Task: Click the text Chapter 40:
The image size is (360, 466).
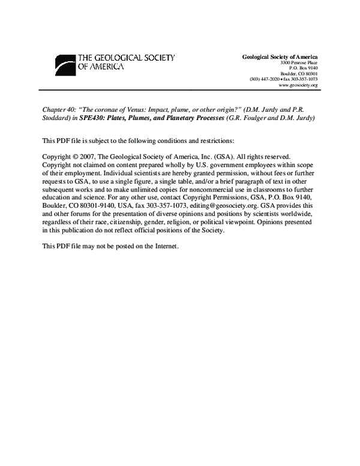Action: (x=58, y=110)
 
